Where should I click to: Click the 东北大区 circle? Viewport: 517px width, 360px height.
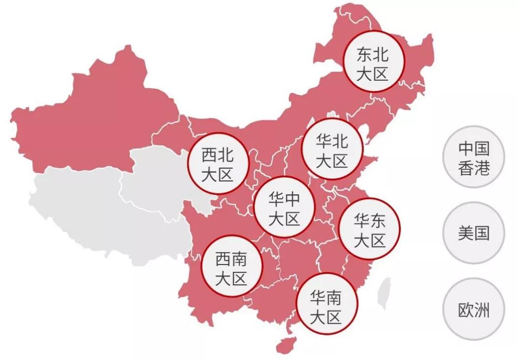click(x=373, y=62)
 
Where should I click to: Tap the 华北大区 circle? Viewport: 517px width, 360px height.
click(x=332, y=150)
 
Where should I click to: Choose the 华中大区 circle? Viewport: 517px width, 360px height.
click(x=284, y=207)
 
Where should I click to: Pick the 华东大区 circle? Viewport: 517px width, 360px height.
click(x=369, y=229)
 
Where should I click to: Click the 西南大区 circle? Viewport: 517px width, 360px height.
click(x=232, y=267)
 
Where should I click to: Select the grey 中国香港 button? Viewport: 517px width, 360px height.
click(x=474, y=157)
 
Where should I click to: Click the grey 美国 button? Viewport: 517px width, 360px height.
click(x=474, y=233)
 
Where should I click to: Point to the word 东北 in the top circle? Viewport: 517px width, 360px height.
click(x=373, y=54)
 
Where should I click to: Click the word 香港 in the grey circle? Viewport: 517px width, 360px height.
click(x=474, y=168)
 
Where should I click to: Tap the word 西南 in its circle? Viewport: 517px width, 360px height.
click(x=232, y=258)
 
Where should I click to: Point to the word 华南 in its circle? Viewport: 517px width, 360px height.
click(x=326, y=296)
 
